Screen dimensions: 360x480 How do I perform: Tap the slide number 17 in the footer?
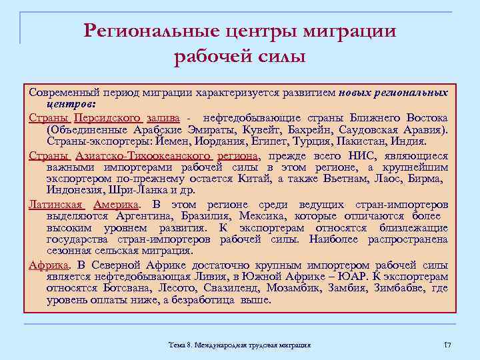[447, 344]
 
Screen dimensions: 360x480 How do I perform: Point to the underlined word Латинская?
[55, 204]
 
